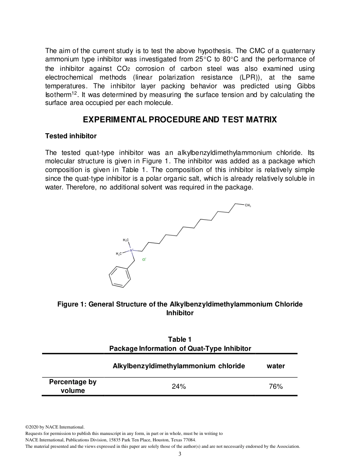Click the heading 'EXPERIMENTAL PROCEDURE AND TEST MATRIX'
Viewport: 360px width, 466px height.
[x=180, y=120]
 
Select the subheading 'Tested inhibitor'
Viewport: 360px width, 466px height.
[x=70, y=136]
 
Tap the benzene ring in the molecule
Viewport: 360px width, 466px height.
[x=120, y=277]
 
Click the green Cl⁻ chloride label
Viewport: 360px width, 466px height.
[x=144, y=260]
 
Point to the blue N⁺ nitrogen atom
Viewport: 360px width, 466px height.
[x=132, y=250]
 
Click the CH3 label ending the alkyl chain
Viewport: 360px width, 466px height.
[x=247, y=205]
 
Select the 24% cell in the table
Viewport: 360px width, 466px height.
[x=178, y=386]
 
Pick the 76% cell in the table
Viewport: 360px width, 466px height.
[x=275, y=386]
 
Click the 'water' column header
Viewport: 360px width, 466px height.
[x=275, y=366]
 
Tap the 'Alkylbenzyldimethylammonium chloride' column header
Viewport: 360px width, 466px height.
[x=178, y=366]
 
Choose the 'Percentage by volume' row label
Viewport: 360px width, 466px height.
[x=73, y=386]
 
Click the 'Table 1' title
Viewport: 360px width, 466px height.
[x=180, y=339]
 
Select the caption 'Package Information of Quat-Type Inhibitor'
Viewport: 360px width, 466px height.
[x=180, y=349]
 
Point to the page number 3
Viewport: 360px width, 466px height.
[x=180, y=454]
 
